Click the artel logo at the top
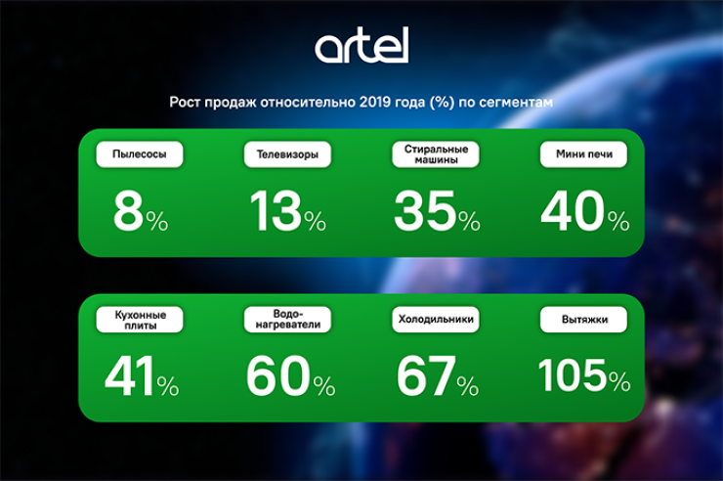coord(361,45)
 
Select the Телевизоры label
coord(287,154)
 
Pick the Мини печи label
coord(583,154)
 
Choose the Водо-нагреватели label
coord(287,321)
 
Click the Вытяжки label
coord(583,319)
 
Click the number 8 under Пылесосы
coord(128,211)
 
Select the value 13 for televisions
coord(276,211)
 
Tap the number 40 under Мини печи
coord(574,211)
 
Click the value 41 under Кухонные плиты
coord(128,377)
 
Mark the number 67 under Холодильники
coord(425,377)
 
